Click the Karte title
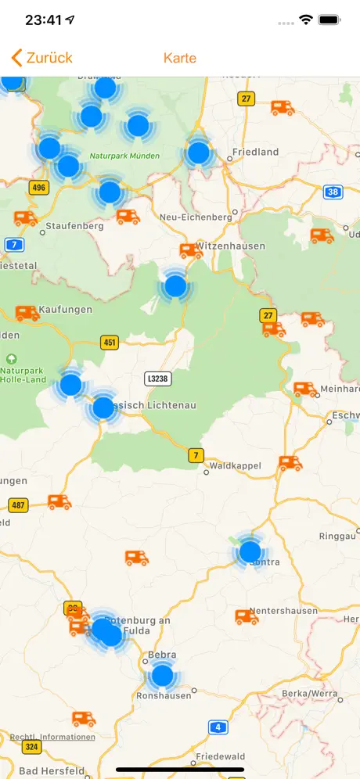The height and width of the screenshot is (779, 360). click(180, 58)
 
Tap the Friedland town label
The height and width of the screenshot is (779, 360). click(256, 153)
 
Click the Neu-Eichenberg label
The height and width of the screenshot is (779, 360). click(195, 217)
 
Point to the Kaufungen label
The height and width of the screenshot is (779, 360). click(66, 310)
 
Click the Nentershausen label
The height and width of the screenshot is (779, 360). click(283, 611)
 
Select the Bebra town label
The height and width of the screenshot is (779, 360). click(162, 655)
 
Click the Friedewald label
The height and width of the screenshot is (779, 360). click(221, 757)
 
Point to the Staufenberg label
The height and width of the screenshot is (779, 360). click(75, 226)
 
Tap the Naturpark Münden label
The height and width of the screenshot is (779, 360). click(124, 156)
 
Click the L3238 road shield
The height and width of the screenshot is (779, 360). click(158, 379)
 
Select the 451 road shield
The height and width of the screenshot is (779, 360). click(110, 342)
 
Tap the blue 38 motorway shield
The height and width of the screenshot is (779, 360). click(333, 191)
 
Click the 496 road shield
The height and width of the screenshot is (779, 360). click(38, 188)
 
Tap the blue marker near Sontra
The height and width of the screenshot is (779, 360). click(250, 552)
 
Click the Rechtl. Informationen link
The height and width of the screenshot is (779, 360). click(52, 737)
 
